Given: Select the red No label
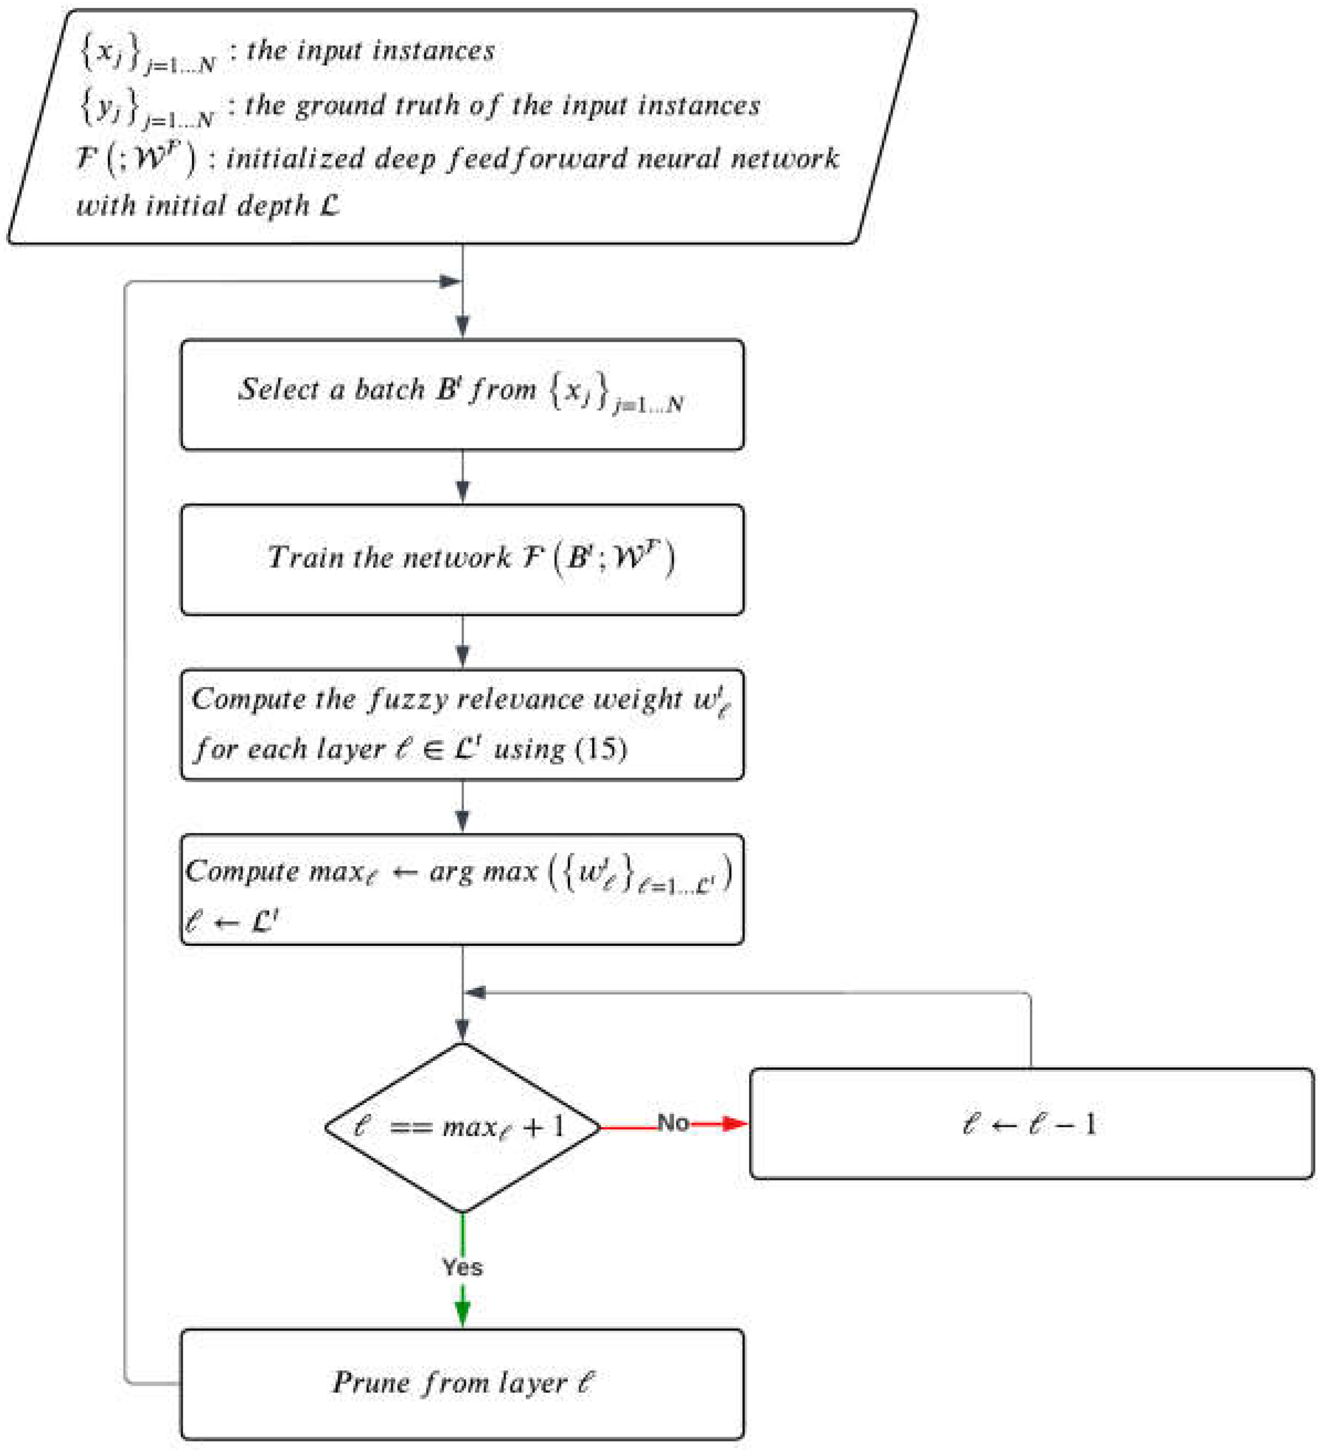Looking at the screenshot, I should point(673,1123).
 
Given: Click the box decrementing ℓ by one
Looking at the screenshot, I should point(1031,1123).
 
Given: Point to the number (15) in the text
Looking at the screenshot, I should point(601,748).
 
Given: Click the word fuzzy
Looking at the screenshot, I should point(407,700).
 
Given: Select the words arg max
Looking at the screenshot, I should point(483,872).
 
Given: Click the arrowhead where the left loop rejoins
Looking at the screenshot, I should point(449,281).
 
